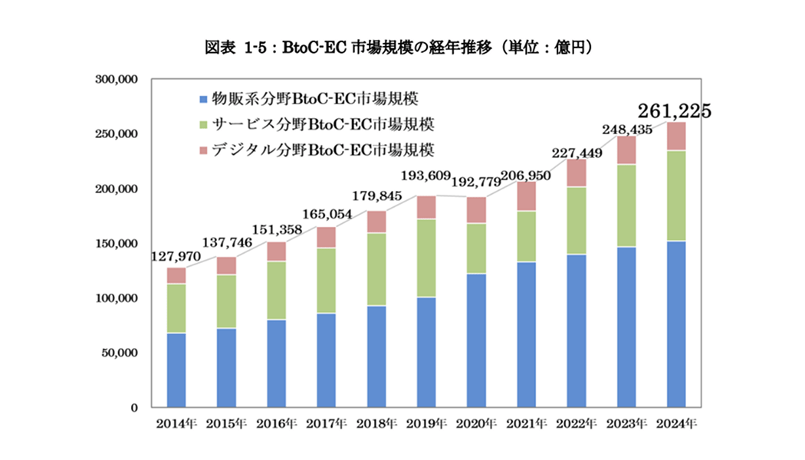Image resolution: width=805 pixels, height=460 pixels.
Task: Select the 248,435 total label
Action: [626, 130]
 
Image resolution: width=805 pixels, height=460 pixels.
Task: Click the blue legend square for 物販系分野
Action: [202, 99]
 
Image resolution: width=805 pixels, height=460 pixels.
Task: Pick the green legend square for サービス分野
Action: [202, 123]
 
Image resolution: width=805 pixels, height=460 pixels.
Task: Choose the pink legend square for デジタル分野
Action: [202, 149]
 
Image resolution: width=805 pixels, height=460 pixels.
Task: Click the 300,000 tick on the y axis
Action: [115, 79]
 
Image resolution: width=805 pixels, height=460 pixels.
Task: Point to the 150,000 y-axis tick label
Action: [115, 244]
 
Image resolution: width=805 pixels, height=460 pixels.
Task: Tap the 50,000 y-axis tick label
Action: [118, 353]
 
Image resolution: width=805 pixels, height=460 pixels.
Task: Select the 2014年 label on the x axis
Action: [176, 423]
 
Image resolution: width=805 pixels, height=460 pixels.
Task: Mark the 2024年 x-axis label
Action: [676, 423]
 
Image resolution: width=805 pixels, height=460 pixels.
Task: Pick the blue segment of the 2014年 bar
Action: [176, 370]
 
